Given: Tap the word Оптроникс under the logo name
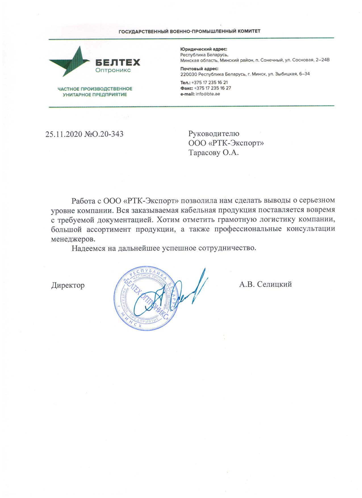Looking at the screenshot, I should click(113, 70).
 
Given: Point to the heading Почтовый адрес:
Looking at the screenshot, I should click(200, 69).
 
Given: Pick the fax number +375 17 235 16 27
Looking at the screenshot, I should click(212, 88).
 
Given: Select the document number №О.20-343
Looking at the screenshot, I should click(104, 134).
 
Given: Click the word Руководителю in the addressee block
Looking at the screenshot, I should click(214, 133).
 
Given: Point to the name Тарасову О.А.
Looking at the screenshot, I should click(214, 153).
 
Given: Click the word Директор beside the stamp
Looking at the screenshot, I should click(68, 285).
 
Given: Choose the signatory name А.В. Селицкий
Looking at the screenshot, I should click(265, 284).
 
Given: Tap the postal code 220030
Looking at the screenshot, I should click(189, 74).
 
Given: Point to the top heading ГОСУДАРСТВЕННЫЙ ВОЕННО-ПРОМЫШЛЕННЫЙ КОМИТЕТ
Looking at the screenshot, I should click(189, 31).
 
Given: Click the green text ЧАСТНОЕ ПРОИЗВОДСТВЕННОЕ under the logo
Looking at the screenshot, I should click(95, 89).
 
